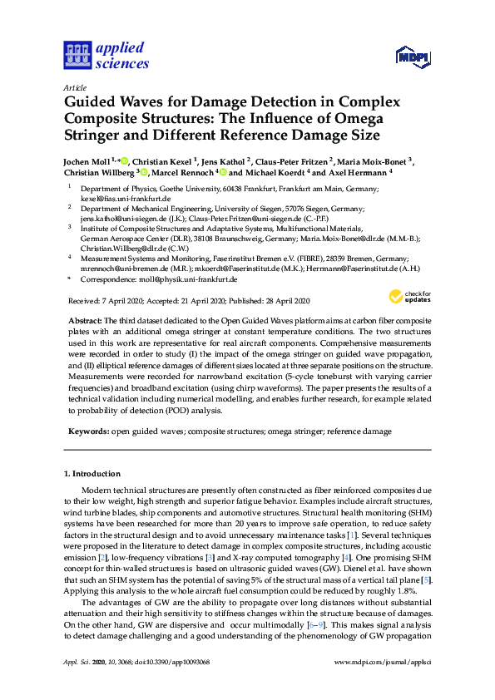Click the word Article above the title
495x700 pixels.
coord(73,87)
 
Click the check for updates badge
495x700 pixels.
coord(408,296)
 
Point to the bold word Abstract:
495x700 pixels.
coord(84,321)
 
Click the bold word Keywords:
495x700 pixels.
coord(87,432)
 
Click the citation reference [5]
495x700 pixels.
coord(427,578)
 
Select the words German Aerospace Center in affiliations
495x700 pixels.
coord(119,238)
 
